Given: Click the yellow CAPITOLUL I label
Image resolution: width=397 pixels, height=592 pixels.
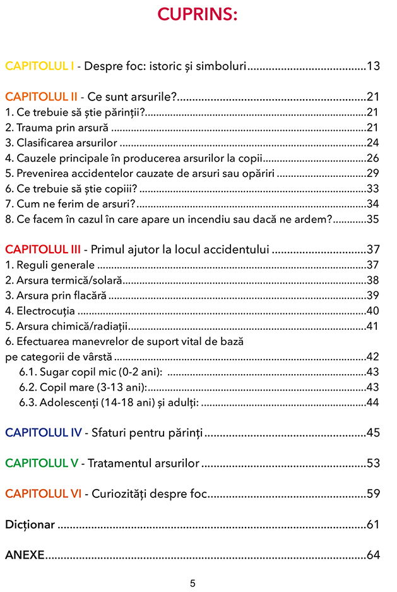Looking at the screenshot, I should [x=39, y=66].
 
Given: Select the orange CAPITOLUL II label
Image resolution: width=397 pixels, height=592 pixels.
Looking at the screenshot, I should [x=41, y=97].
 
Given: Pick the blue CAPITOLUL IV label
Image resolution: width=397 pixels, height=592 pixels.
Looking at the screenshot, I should [x=44, y=433].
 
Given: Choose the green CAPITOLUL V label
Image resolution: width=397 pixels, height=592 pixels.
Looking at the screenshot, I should [x=42, y=463].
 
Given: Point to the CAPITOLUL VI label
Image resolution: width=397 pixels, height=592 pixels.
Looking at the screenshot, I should [x=44, y=494].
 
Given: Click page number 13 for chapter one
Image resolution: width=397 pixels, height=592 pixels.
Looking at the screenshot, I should [x=373, y=66].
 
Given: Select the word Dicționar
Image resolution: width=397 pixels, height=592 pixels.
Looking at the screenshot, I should [x=30, y=524].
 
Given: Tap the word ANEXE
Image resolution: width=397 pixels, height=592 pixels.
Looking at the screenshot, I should [x=25, y=555].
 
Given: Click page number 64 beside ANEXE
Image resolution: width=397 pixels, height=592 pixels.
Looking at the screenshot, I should [x=373, y=555].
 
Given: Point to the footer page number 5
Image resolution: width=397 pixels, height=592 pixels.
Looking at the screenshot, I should [x=193, y=583].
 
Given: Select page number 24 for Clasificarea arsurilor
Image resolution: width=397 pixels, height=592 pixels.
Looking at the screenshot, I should [x=373, y=142].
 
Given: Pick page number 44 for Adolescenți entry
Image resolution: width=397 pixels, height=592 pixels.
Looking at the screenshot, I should [x=373, y=402].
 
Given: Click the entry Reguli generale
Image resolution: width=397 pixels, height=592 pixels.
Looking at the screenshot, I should [x=50, y=265].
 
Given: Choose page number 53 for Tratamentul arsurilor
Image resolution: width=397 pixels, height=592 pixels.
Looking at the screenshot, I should [x=373, y=463].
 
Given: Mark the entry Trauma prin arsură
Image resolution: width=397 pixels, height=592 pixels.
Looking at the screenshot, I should [x=56, y=127].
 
